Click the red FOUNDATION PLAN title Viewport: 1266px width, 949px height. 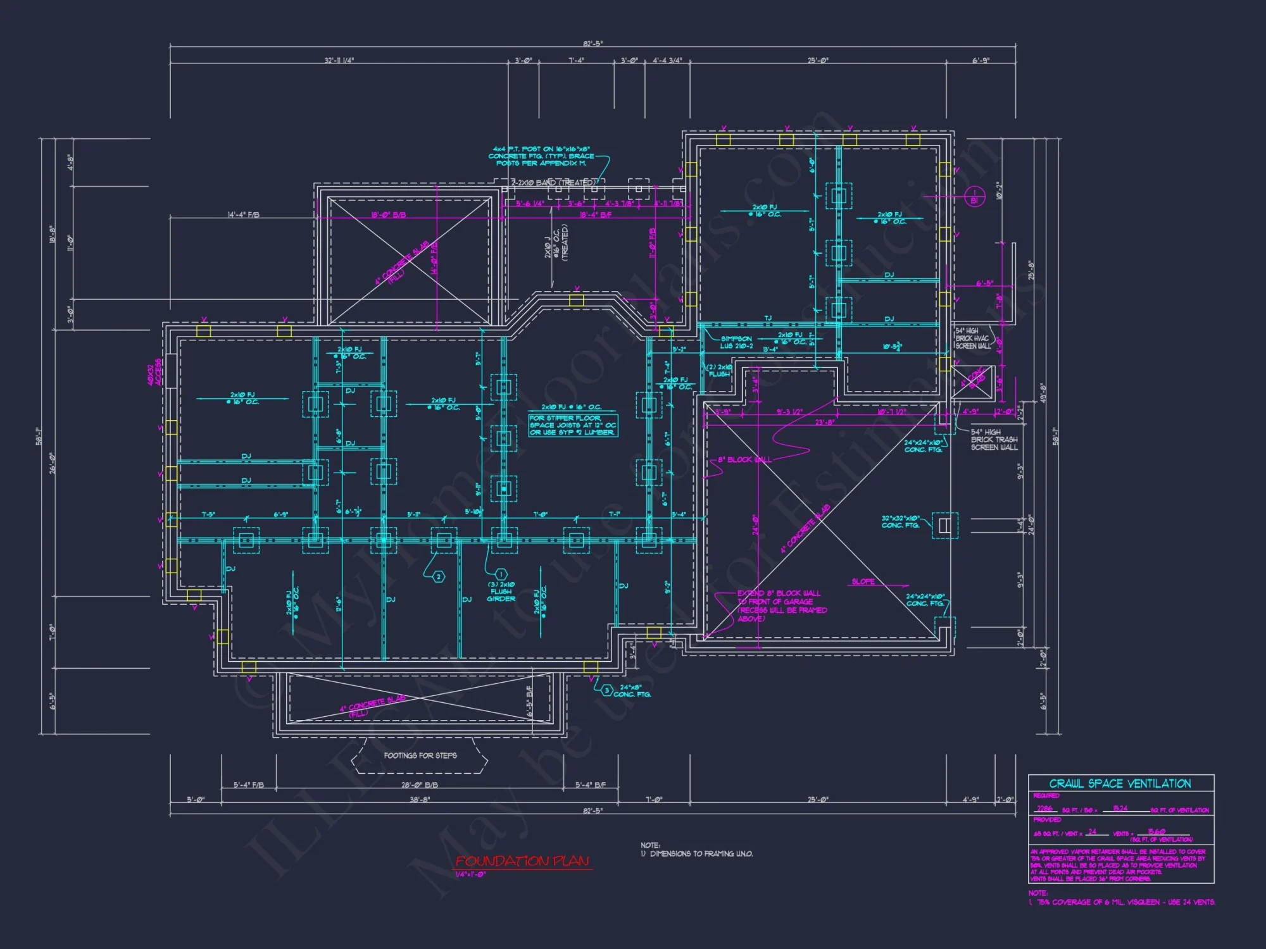pyautogui.click(x=523, y=861)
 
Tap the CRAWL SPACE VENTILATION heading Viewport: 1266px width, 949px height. pyautogui.click(x=1120, y=783)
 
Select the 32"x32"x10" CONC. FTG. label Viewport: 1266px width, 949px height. pyautogui.click(x=900, y=521)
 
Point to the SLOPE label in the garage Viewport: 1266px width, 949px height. pyautogui.click(x=863, y=581)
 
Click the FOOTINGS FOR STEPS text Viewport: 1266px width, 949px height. pyautogui.click(x=420, y=755)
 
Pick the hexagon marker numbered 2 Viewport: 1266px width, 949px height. pyautogui.click(x=438, y=576)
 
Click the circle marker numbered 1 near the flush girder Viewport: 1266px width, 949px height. pyautogui.click(x=500, y=574)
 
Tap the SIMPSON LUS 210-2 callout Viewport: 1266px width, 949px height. pyautogui.click(x=736, y=342)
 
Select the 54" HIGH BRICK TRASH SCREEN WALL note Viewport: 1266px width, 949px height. pyautogui.click(x=994, y=439)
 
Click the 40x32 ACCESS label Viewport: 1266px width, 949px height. pyautogui.click(x=154, y=373)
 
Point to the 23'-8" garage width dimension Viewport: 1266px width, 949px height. pyautogui.click(x=824, y=422)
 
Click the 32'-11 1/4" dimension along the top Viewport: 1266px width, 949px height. pyautogui.click(x=339, y=61)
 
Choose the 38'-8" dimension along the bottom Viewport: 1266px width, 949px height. pyautogui.click(x=419, y=800)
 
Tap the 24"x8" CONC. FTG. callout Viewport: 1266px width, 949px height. pyautogui.click(x=631, y=690)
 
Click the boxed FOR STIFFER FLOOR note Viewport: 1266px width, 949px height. pyautogui.click(x=572, y=425)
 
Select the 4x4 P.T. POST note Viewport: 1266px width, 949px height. pyautogui.click(x=541, y=156)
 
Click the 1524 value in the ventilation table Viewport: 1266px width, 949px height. pyautogui.click(x=1120, y=808)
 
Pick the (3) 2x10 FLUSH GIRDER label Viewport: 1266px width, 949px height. pyautogui.click(x=501, y=592)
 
